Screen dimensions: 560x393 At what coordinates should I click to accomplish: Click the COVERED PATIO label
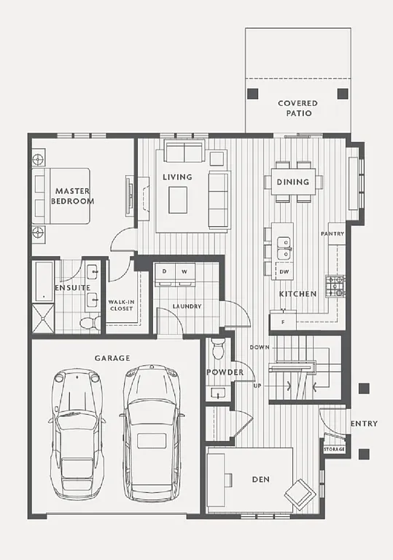[297, 109]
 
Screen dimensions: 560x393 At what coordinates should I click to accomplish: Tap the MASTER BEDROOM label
[74, 196]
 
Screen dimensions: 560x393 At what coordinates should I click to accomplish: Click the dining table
[292, 182]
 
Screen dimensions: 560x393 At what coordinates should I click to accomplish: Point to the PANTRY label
[332, 233]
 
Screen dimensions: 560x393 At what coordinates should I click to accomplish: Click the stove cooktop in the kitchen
[335, 286]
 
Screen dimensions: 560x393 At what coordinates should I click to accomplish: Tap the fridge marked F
[284, 320]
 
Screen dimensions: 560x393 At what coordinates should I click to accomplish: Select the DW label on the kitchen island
[284, 271]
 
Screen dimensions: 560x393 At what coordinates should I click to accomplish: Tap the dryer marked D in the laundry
[164, 272]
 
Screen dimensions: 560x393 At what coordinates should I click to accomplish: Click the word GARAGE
[112, 358]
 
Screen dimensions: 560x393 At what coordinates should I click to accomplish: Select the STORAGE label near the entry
[334, 449]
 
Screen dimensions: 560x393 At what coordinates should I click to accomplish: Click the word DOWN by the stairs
[258, 347]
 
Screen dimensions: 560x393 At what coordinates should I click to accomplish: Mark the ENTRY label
[364, 424]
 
